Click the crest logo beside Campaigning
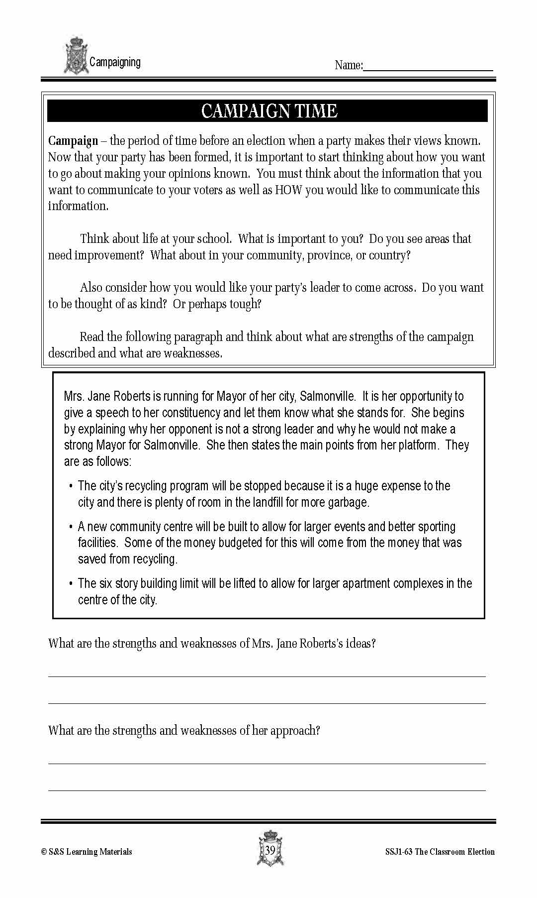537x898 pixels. (x=76, y=55)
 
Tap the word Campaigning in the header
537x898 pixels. (x=115, y=62)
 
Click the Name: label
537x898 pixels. (x=349, y=65)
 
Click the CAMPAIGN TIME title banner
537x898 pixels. (x=268, y=111)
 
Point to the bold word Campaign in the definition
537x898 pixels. (x=73, y=141)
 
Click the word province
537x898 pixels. (x=329, y=255)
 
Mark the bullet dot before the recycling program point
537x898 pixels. (x=71, y=486)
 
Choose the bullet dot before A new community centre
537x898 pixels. (x=71, y=527)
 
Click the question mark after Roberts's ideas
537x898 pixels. (x=373, y=644)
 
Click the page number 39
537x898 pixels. (x=270, y=850)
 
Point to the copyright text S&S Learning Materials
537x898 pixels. (x=87, y=852)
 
